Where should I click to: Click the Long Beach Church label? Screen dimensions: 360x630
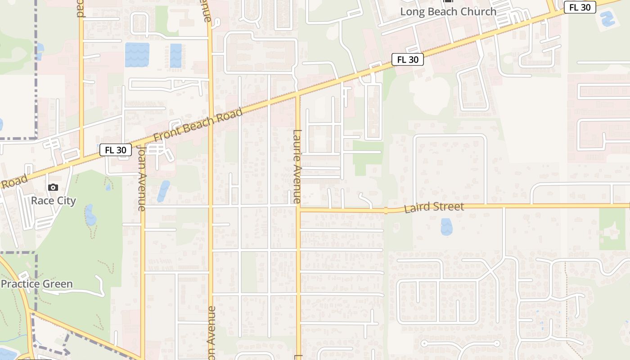(x=448, y=12)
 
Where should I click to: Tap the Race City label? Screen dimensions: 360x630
(x=53, y=201)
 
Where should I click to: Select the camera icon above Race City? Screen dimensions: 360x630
(x=53, y=187)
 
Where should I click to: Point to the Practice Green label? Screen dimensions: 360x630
(x=37, y=284)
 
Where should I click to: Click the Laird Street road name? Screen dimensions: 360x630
(x=434, y=207)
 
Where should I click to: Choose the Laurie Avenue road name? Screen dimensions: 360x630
(x=297, y=166)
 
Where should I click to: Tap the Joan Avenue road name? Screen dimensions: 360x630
(x=142, y=178)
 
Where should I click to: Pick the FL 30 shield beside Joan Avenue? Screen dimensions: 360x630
(x=116, y=150)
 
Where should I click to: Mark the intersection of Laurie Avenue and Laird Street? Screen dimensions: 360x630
(x=298, y=209)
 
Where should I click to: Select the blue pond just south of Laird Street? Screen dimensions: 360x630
(x=446, y=227)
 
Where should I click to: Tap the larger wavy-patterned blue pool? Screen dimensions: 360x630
(x=137, y=55)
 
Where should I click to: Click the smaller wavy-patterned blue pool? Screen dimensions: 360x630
(x=176, y=55)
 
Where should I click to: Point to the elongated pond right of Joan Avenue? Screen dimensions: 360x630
(x=163, y=191)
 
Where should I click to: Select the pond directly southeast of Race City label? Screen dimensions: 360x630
(x=90, y=215)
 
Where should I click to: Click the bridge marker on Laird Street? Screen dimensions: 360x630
(x=386, y=210)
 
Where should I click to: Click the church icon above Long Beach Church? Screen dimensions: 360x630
(x=448, y=1)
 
